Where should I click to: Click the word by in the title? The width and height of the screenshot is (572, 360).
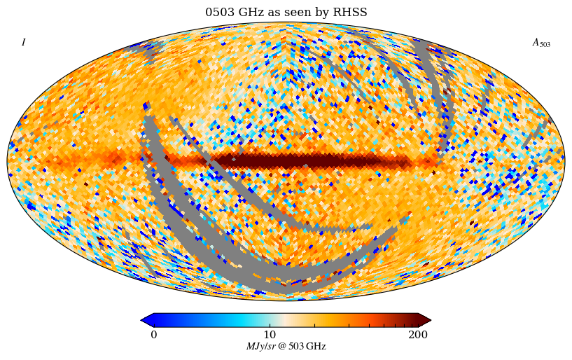pyautogui.click(x=325, y=13)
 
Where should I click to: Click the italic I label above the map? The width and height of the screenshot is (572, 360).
pyautogui.click(x=23, y=43)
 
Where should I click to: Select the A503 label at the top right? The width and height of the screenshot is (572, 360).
pyautogui.click(x=541, y=43)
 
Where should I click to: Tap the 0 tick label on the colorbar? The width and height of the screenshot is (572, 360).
pyautogui.click(x=154, y=335)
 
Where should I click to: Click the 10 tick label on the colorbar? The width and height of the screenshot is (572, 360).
pyautogui.click(x=270, y=335)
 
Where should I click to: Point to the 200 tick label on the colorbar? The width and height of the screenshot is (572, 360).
pyautogui.click(x=418, y=335)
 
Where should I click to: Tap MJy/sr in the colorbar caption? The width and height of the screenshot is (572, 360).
pyautogui.click(x=260, y=347)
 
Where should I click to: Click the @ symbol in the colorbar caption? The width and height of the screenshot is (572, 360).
pyautogui.click(x=281, y=347)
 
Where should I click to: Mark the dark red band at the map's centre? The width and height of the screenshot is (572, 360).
pyautogui.click(x=294, y=161)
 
